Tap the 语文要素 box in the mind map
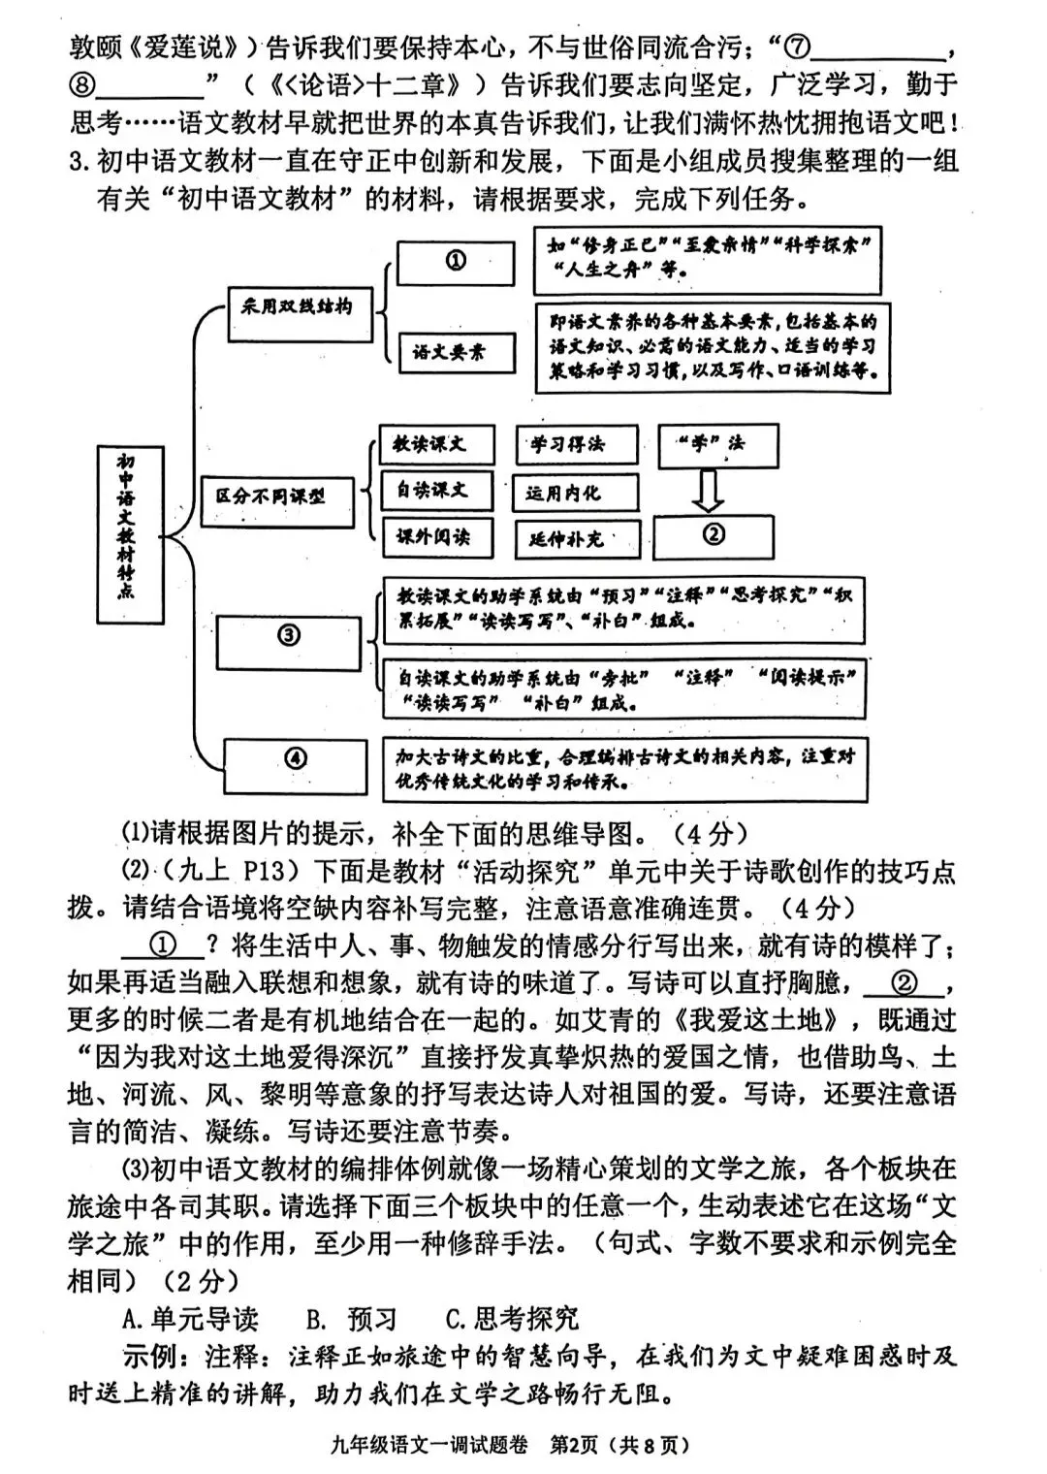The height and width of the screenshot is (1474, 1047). (x=457, y=353)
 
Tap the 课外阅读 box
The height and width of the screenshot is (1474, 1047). (x=436, y=536)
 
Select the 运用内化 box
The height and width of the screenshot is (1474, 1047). (x=576, y=494)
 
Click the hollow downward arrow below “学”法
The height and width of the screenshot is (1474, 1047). (x=709, y=491)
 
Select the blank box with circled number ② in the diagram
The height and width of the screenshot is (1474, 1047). (x=714, y=535)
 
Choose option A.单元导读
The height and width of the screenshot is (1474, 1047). (x=191, y=1319)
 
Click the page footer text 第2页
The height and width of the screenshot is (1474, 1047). (x=573, y=1445)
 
